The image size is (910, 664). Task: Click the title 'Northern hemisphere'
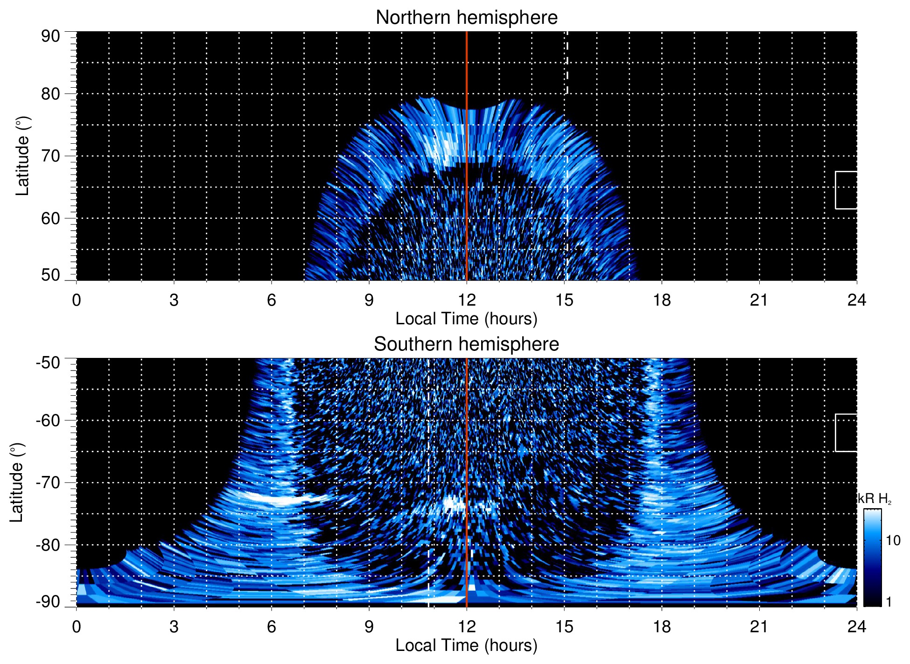[x=466, y=18]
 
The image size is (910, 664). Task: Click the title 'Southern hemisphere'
[x=466, y=344]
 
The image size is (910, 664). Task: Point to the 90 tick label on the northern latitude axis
[x=50, y=36]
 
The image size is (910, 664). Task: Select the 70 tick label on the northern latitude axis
[x=50, y=156]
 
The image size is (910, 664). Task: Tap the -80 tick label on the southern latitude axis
[x=48, y=545]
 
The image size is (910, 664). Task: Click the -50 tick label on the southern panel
[x=48, y=363]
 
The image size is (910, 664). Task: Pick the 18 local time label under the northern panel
[x=662, y=300]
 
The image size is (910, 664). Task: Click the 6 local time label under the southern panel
[x=272, y=627]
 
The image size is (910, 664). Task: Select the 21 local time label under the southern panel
[x=759, y=627]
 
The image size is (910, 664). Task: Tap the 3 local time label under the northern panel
[x=174, y=300]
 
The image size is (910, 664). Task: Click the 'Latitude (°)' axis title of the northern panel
[x=22, y=156]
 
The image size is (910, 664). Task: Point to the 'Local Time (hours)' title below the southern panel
[x=466, y=645]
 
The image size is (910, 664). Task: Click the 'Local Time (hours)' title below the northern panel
[x=466, y=319]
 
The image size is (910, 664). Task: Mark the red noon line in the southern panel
[x=467, y=467]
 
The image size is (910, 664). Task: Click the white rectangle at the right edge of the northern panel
[x=846, y=190]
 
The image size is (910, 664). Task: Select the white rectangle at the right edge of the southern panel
[x=846, y=433]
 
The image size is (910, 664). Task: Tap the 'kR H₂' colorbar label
[x=875, y=499]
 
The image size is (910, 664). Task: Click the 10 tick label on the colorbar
[x=893, y=540]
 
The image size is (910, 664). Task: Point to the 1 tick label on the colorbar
[x=889, y=602]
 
